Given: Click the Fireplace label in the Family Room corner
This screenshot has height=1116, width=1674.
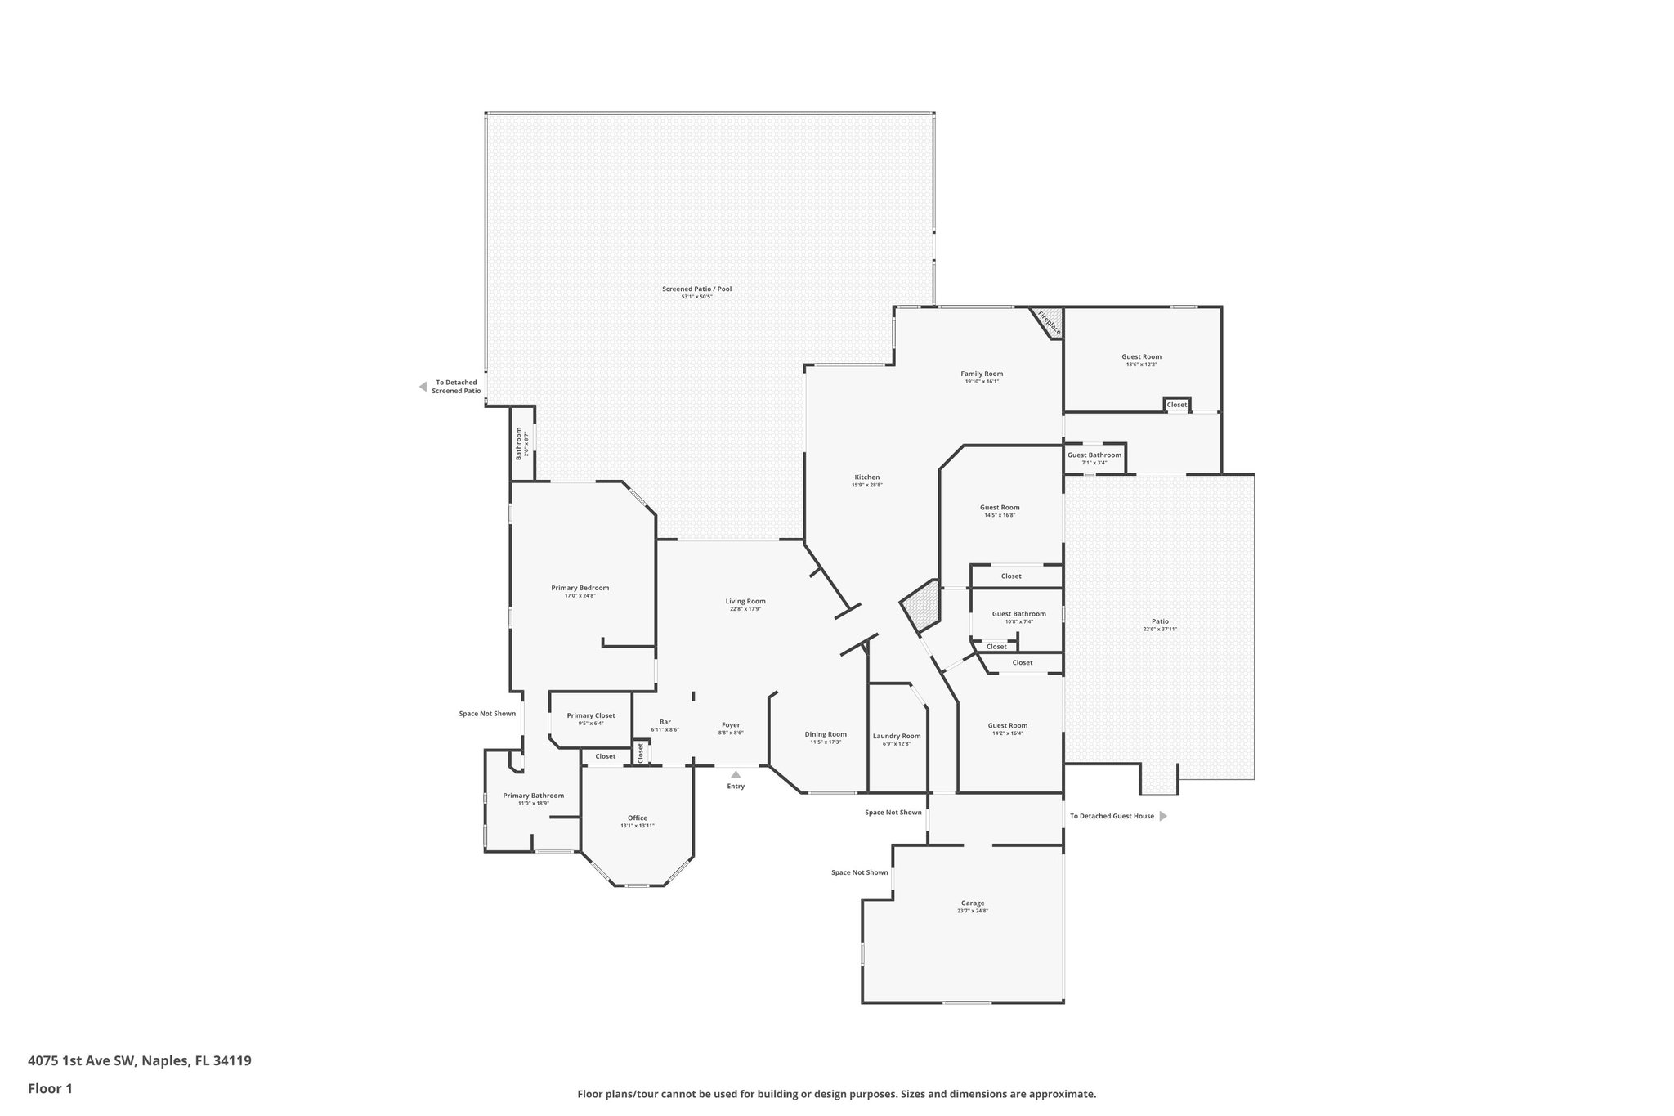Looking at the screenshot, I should coord(1049,322).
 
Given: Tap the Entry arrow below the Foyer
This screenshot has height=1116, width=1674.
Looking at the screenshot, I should coord(736,774).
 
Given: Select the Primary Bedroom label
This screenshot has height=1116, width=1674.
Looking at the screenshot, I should coord(580,588).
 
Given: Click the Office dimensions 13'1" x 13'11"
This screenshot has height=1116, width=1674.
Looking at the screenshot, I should coord(637,826).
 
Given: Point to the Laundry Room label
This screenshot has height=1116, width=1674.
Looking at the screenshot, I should coord(897,736).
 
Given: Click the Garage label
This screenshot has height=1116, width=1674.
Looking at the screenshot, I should coord(973,903).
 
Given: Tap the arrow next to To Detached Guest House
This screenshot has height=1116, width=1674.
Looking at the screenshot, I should coord(1163,816).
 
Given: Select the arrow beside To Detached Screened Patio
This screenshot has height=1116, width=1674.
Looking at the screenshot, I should coord(423,387).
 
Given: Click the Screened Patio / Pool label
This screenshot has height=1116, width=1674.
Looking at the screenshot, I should coord(696,289).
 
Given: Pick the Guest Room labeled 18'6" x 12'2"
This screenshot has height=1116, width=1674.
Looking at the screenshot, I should coord(1141,356).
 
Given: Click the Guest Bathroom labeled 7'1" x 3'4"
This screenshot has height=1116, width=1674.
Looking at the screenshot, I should coord(1094,455).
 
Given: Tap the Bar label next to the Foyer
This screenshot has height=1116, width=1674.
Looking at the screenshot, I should coord(665,722).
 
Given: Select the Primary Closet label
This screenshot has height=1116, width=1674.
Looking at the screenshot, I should coord(591,715).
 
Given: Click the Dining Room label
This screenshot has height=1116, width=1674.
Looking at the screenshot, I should coord(826,734).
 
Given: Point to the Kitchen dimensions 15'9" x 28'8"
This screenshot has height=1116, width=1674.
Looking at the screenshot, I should coord(866,485).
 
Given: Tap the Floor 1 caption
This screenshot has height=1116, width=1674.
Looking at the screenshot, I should coord(51,1088).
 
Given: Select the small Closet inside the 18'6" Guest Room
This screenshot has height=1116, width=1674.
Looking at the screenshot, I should coord(1176,405).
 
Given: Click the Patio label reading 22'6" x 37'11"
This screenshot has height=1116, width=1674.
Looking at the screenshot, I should coord(1159,621).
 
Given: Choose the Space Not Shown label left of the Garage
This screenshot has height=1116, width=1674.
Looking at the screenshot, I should coord(859,872).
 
